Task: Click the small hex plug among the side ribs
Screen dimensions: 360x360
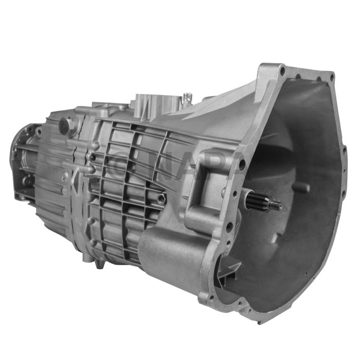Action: point(163,197)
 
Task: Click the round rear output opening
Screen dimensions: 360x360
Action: point(21,154)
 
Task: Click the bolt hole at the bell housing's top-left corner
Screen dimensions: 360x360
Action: point(280,69)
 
